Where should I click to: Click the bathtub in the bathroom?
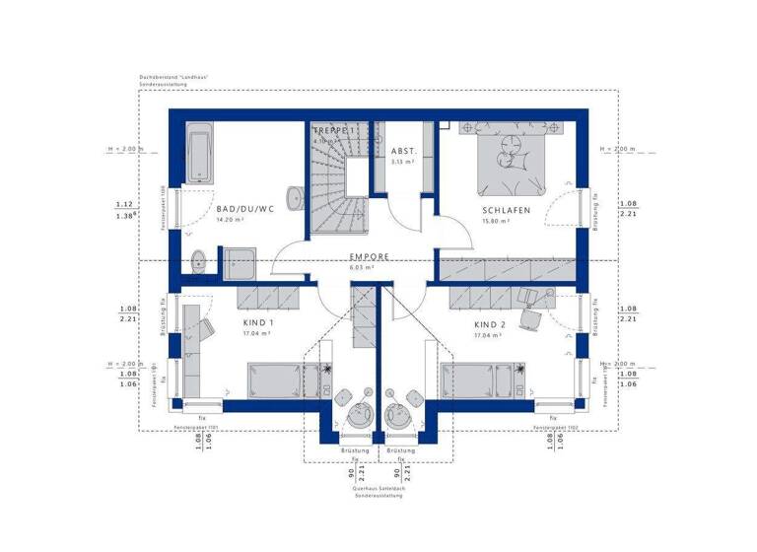click(x=199, y=153)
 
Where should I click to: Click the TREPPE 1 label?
click(x=333, y=130)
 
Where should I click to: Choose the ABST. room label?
click(x=404, y=152)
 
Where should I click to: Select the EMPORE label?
click(x=370, y=256)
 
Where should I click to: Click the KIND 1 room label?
click(x=258, y=323)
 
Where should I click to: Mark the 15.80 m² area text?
click(x=495, y=222)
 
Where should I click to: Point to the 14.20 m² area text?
click(x=231, y=221)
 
